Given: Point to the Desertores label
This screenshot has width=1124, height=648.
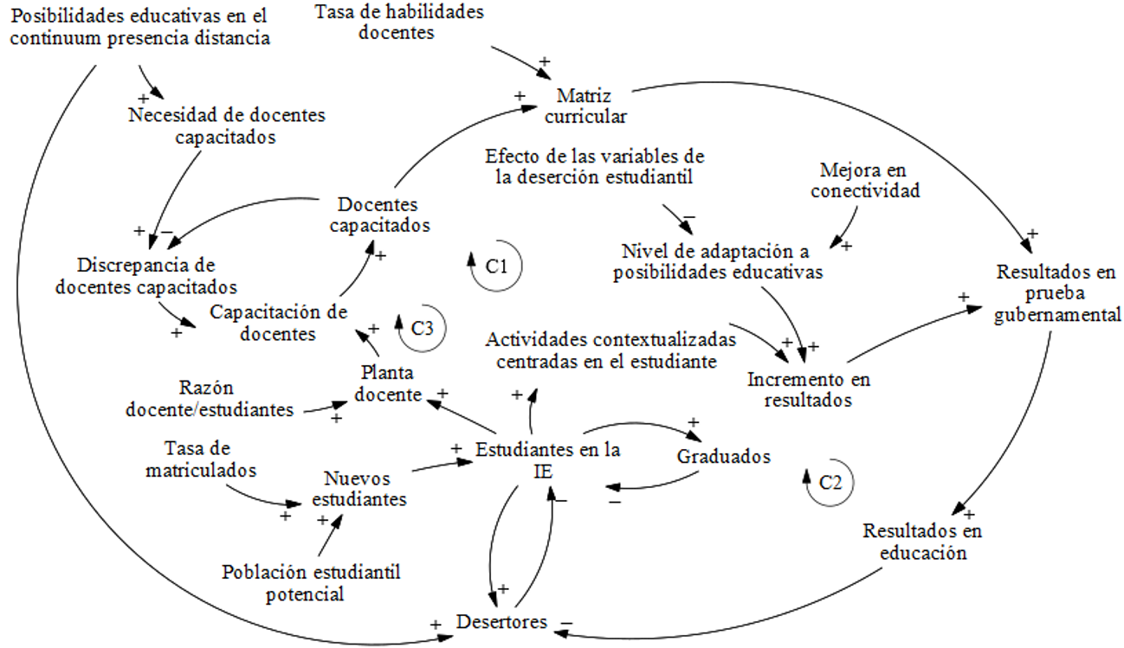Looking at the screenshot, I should tap(501, 621).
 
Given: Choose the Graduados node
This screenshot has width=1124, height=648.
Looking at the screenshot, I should tap(725, 456).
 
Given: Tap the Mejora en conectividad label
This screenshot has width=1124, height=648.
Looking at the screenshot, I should tap(865, 180).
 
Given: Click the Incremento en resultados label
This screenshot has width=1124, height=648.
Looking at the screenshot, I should tap(809, 389).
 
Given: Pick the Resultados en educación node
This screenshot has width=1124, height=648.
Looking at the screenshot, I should tap(922, 541).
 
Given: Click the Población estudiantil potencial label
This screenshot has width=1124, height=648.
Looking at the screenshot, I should tap(310, 582).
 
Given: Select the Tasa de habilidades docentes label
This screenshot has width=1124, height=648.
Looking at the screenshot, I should tap(398, 22).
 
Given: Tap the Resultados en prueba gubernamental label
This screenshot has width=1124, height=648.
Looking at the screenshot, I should tap(1056, 293).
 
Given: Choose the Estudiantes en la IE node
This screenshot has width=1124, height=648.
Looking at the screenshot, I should tap(547, 460).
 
